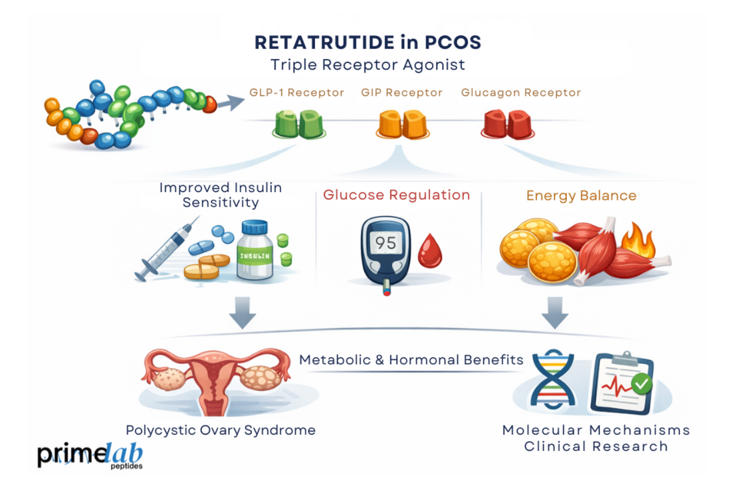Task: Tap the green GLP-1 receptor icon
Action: [x=298, y=123]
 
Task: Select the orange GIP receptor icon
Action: [x=401, y=123]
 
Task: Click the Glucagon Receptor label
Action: [x=521, y=93]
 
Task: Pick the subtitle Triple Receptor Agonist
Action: [x=367, y=65]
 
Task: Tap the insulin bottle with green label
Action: [x=255, y=253]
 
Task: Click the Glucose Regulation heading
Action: [x=397, y=195]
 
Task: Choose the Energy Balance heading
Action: [x=581, y=196]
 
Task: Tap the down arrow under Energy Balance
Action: [x=555, y=312]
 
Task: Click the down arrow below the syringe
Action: [x=241, y=312]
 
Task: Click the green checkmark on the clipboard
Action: [x=641, y=383]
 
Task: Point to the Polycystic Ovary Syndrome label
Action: [x=221, y=430]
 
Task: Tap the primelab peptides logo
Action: [x=90, y=455]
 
